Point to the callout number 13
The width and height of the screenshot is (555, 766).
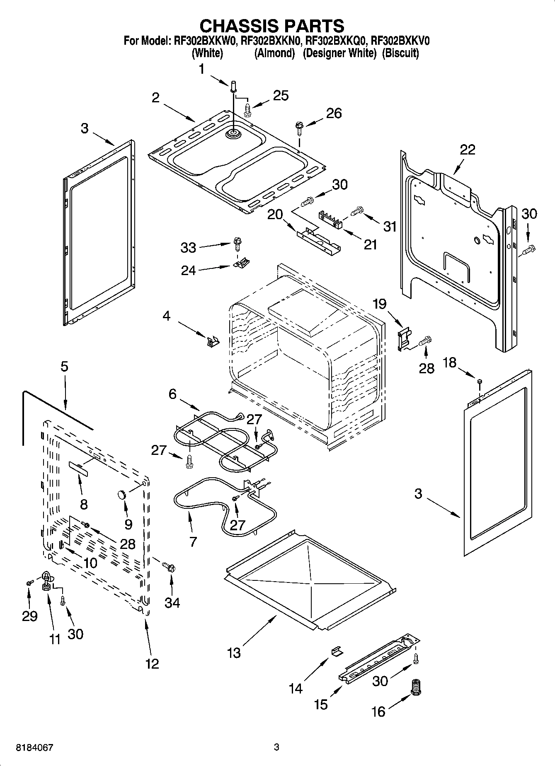(x=234, y=653)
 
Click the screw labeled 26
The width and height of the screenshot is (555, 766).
(x=298, y=126)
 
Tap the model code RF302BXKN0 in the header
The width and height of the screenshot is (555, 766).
(x=274, y=41)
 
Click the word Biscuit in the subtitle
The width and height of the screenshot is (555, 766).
(x=400, y=53)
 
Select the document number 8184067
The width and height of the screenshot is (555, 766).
(x=34, y=748)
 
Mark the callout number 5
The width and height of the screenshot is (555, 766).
(x=64, y=366)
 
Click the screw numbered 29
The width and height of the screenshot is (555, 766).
(x=29, y=583)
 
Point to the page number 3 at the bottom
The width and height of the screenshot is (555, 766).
(x=277, y=748)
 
